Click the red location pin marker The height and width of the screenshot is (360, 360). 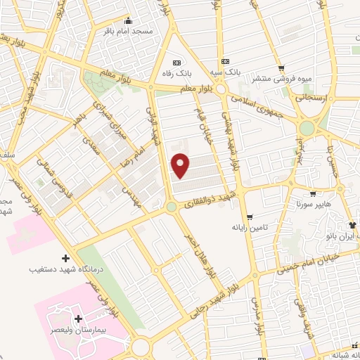[x=181, y=167]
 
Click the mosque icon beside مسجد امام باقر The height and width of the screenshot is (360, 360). [x=128, y=20]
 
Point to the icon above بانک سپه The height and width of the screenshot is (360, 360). [x=225, y=61]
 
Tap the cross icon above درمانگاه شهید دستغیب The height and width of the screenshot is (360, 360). [x=66, y=258]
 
